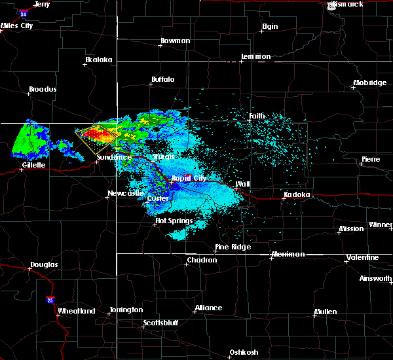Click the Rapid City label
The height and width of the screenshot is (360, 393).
coord(189,177)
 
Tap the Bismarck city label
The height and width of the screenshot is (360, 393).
coord(348,5)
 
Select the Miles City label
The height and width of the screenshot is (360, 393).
coord(16,26)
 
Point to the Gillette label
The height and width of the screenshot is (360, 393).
coord(33,165)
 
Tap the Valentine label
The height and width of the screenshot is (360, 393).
coord(362,257)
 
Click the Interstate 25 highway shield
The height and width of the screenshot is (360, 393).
coord(50,300)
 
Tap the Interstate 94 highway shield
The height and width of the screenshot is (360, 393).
coord(24,13)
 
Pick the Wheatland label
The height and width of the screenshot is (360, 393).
coord(77,311)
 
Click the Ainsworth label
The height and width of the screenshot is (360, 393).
coord(376,279)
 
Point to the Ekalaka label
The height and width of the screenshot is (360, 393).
coord(99,60)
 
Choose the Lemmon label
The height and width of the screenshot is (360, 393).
coord(255,57)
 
